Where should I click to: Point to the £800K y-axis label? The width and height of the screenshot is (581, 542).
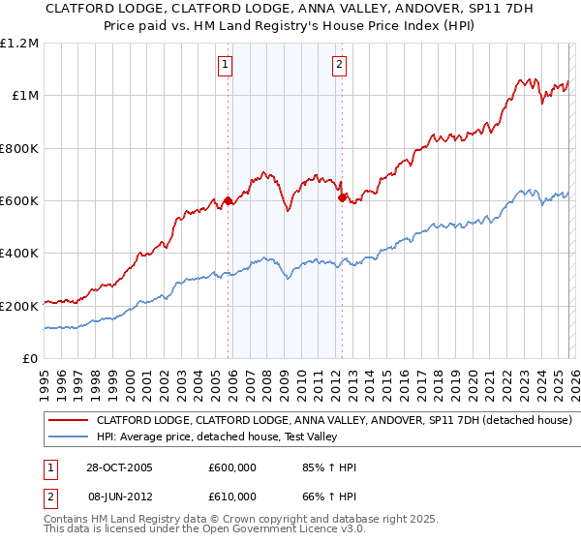click(20, 149)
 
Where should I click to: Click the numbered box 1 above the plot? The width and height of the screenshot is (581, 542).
click(225, 66)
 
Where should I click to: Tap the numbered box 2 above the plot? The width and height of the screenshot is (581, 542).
click(340, 66)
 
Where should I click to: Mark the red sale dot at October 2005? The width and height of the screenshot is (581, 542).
click(229, 201)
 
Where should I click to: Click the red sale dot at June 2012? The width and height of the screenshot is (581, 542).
click(342, 197)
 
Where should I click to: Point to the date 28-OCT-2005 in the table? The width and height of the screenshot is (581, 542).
click(120, 467)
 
